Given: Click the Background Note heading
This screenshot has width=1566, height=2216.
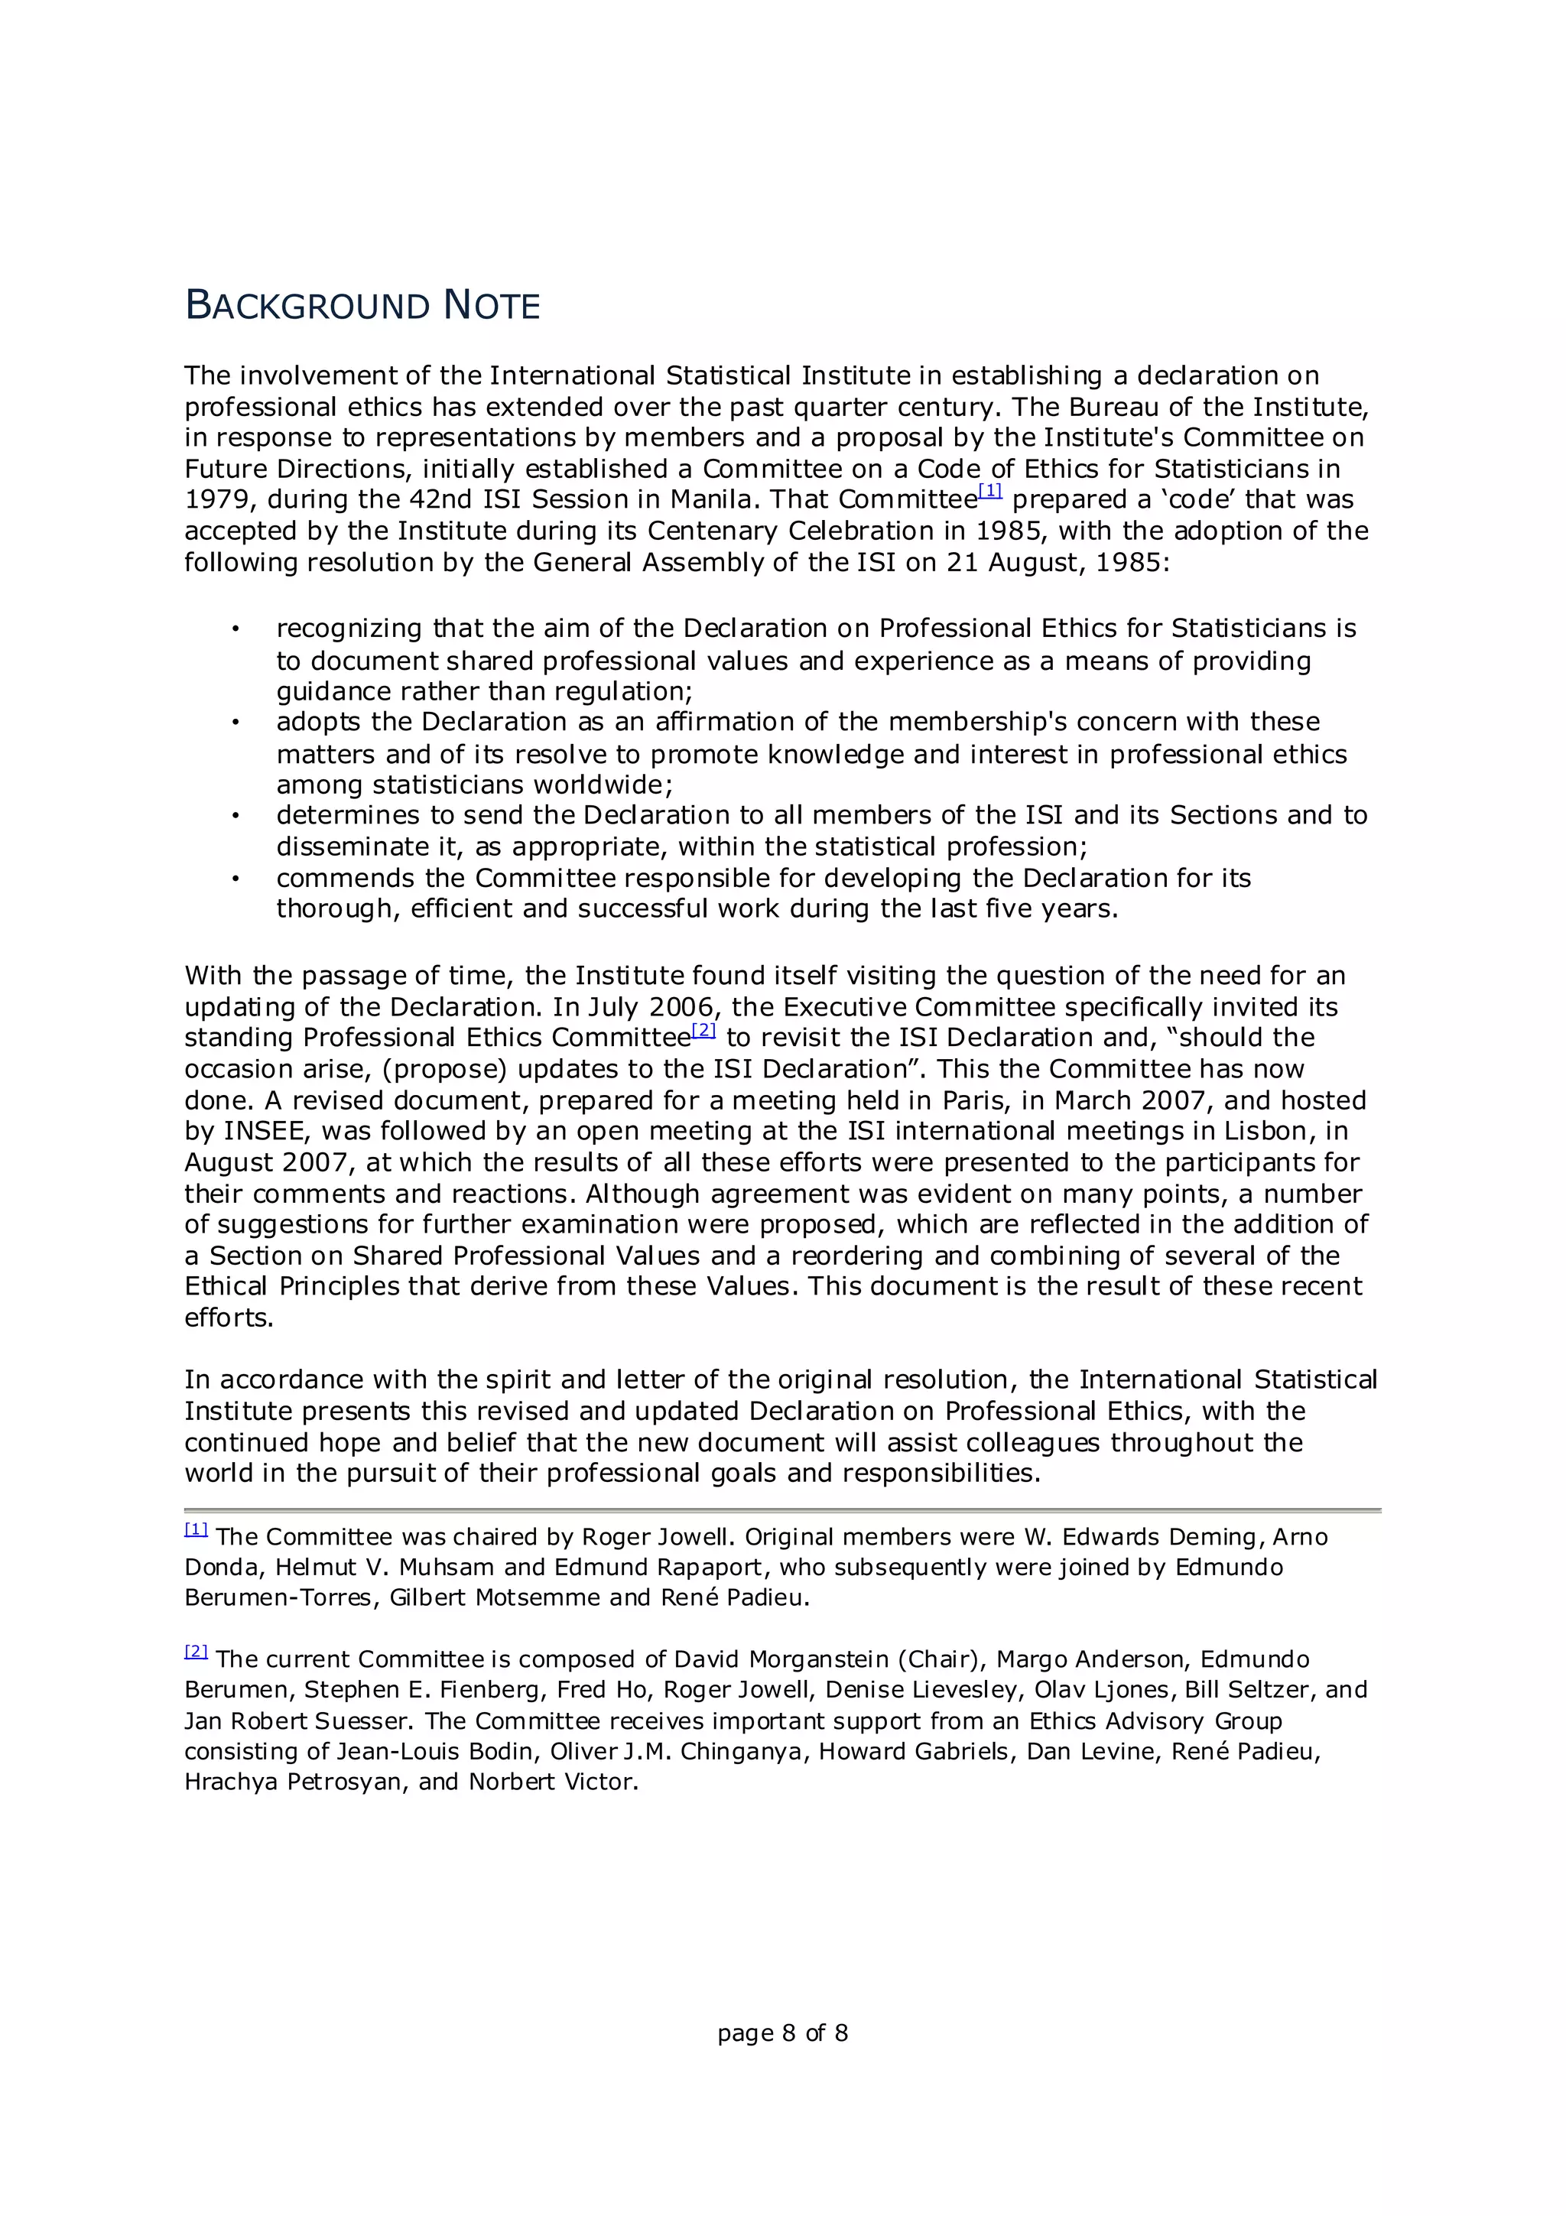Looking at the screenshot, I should pyautogui.click(x=362, y=305).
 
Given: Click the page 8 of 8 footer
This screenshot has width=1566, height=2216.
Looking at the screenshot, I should pyautogui.click(x=781, y=2032).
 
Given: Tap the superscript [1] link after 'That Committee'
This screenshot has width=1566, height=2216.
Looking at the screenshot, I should pyautogui.click(x=990, y=491).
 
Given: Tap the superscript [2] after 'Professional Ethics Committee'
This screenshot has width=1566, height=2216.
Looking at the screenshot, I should pyautogui.click(x=703, y=1030).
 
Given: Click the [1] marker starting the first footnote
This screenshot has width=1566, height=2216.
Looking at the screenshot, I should pyautogui.click(x=196, y=1529).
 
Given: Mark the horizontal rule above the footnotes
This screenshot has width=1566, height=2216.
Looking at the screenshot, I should pyautogui.click(x=781, y=1509).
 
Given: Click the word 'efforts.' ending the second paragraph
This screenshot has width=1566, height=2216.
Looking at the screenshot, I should pyautogui.click(x=229, y=1318).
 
